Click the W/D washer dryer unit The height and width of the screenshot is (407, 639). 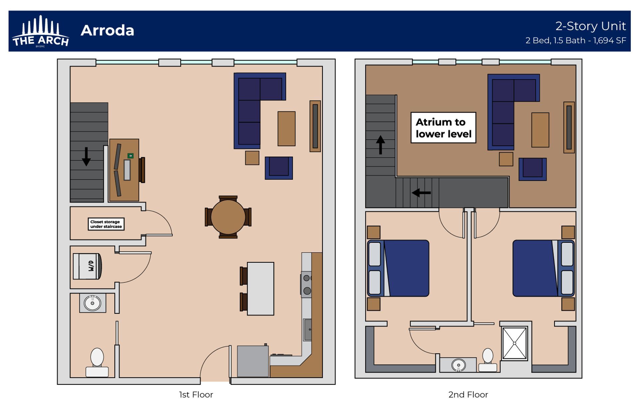click(x=87, y=266)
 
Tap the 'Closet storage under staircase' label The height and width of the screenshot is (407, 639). click(x=106, y=224)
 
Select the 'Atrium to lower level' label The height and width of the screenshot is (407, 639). click(x=443, y=128)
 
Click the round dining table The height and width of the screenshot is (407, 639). click(x=228, y=217)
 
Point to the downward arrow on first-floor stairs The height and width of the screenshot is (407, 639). click(x=86, y=157)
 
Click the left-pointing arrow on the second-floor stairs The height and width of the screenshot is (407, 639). click(x=421, y=193)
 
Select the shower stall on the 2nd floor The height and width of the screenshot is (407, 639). click(x=515, y=343)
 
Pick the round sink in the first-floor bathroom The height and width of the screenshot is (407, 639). click(x=93, y=303)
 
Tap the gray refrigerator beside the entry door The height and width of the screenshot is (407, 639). click(x=253, y=361)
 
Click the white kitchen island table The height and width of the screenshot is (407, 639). click(x=261, y=288)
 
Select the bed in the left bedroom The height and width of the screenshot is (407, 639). click(x=398, y=268)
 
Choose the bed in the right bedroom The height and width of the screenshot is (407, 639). click(x=543, y=268)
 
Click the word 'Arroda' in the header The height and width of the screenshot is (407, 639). click(x=107, y=31)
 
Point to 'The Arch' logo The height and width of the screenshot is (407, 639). click(x=40, y=32)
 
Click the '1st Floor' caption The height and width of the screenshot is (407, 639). click(x=196, y=395)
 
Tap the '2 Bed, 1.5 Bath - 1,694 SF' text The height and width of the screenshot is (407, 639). click(x=575, y=41)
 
